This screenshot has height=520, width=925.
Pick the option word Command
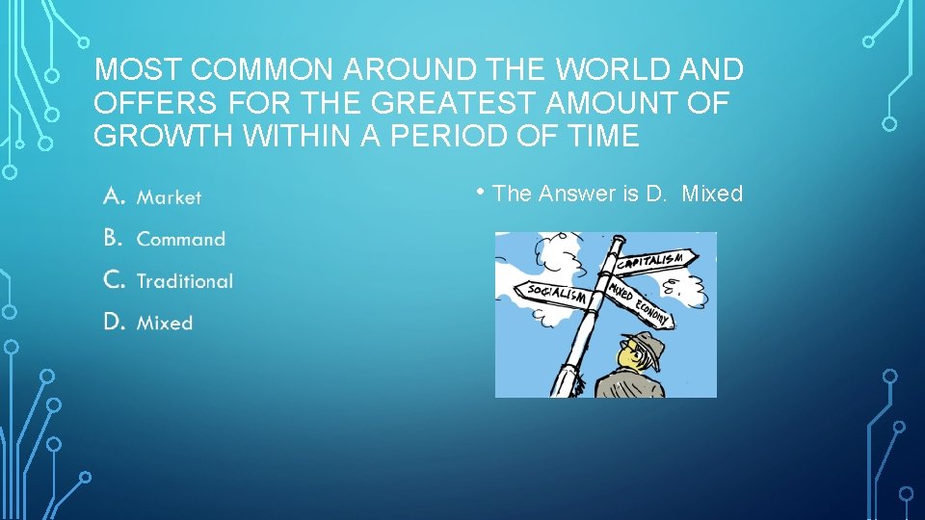pyautogui.click(x=181, y=239)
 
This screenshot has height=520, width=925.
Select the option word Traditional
pyautogui.click(x=185, y=281)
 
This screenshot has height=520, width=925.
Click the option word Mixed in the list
pyautogui.click(x=165, y=323)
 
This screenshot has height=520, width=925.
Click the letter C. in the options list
pyautogui.click(x=115, y=281)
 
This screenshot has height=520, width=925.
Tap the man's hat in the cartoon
pyautogui.click(x=643, y=345)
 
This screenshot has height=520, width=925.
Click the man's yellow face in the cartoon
pyautogui.click(x=631, y=358)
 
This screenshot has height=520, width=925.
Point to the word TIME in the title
pyautogui.click(x=603, y=136)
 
